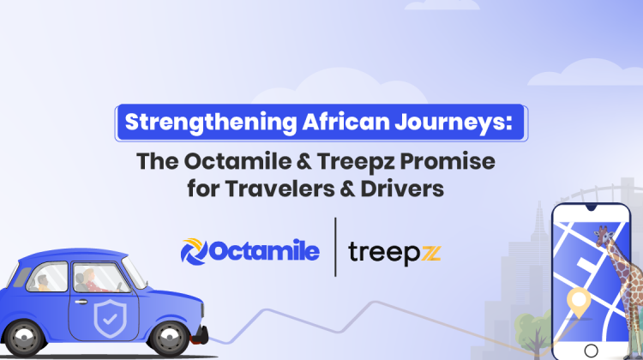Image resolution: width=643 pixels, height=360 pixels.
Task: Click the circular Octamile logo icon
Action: [195, 250]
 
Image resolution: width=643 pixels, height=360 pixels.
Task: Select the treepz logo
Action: [395, 251]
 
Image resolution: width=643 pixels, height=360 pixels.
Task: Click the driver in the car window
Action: [93, 279]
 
